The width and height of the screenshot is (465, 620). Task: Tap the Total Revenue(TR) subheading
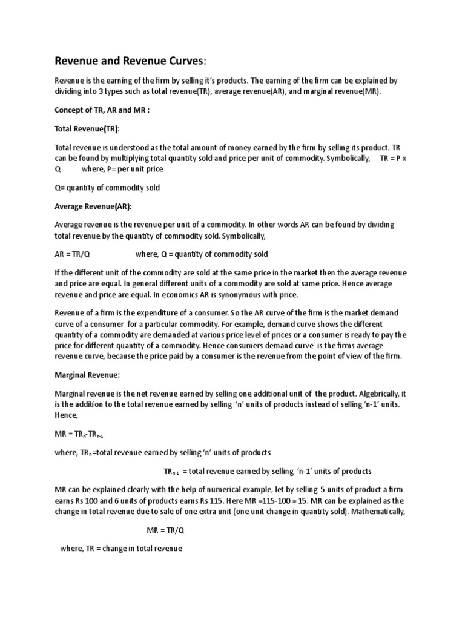[87, 130]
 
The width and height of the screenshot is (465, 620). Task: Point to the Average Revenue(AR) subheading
[93, 206]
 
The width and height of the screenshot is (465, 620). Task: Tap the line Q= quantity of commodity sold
[107, 188]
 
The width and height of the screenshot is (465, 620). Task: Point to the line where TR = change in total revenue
[121, 549]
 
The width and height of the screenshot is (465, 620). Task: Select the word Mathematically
[375, 512]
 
